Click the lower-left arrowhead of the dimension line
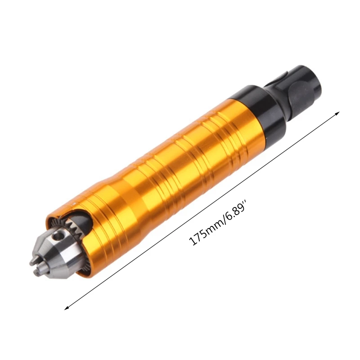point(67,308)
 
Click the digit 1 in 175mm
point(193,242)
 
